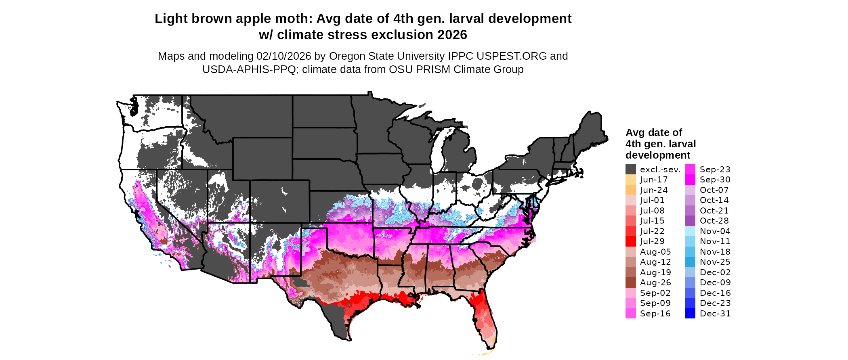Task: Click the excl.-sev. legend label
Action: [660, 170]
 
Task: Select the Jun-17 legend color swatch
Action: [630, 180]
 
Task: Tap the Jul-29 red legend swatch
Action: [630, 241]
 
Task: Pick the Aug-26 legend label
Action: [655, 283]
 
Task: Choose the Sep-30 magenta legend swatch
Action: [690, 180]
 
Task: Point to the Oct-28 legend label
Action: [714, 221]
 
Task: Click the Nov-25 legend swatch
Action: [690, 262]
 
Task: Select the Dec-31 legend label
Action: [715, 314]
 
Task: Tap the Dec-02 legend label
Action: [715, 272]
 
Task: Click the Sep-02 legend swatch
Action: [630, 293]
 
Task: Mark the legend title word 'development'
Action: [657, 155]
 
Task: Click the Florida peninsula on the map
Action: [487, 319]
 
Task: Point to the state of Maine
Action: [592, 129]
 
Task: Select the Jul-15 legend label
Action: [652, 221]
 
